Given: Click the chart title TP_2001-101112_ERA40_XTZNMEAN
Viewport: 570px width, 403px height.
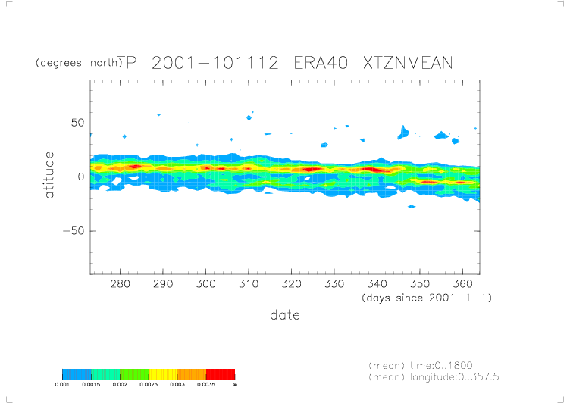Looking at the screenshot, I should tap(285, 64).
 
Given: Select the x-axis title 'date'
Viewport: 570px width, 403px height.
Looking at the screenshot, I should tap(285, 315).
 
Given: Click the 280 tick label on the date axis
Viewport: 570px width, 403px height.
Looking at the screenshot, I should tap(119, 285).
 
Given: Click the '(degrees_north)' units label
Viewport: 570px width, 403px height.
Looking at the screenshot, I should tap(78, 63).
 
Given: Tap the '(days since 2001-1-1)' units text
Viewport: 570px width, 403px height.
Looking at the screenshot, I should tap(427, 298).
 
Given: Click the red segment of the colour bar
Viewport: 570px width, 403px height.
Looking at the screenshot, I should tap(221, 374).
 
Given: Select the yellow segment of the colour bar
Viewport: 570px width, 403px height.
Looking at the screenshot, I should tap(163, 374).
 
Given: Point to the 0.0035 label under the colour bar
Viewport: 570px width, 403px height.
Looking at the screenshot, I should tap(206, 385).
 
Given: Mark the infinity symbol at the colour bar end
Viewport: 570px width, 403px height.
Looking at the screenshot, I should tap(235, 385).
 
